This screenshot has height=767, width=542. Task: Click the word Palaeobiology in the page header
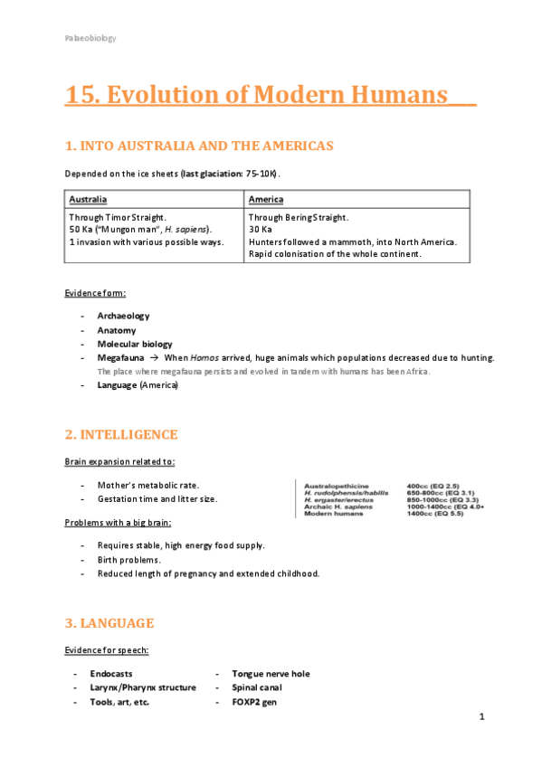click(90, 38)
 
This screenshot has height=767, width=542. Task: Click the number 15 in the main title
click(80, 95)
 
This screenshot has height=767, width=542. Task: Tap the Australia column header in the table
click(88, 199)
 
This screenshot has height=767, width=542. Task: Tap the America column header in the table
click(266, 199)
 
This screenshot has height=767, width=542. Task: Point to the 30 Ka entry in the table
click(261, 230)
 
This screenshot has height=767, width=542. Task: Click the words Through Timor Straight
click(118, 218)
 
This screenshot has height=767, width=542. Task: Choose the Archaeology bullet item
click(123, 316)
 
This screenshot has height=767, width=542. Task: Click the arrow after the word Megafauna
click(155, 358)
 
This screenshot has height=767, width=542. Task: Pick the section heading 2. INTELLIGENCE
click(121, 435)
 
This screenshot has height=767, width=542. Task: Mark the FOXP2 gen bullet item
click(254, 702)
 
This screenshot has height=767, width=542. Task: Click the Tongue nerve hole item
click(271, 674)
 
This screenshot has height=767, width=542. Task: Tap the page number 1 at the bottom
click(482, 717)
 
